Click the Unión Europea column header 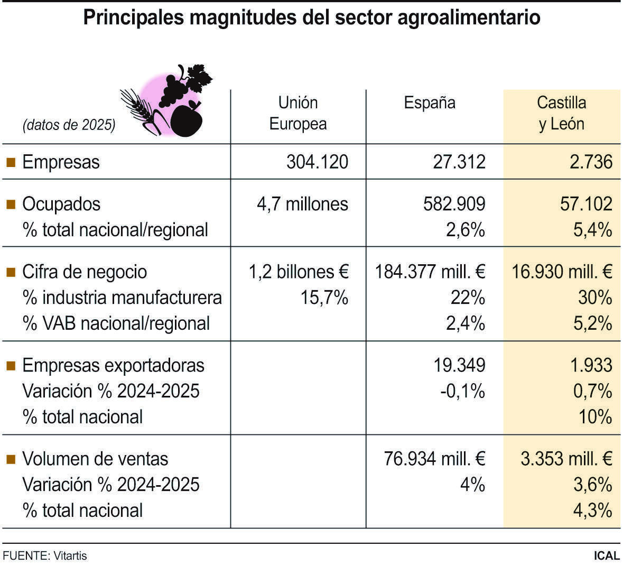click(x=298, y=113)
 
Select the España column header click(x=429, y=103)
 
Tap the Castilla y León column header click(x=561, y=113)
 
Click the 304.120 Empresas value click(x=317, y=162)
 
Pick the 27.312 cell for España click(x=459, y=162)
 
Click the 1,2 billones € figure click(x=299, y=272)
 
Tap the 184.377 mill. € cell click(x=430, y=272)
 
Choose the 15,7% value click(x=324, y=298)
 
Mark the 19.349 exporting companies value click(x=459, y=365)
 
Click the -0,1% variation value click(x=462, y=391)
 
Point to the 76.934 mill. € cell click(x=434, y=459)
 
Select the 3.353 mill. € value click(x=566, y=459)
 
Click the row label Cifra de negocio click(x=85, y=272)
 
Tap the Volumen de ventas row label click(x=95, y=459)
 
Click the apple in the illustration click(x=187, y=120)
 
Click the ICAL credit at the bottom click(x=607, y=556)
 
